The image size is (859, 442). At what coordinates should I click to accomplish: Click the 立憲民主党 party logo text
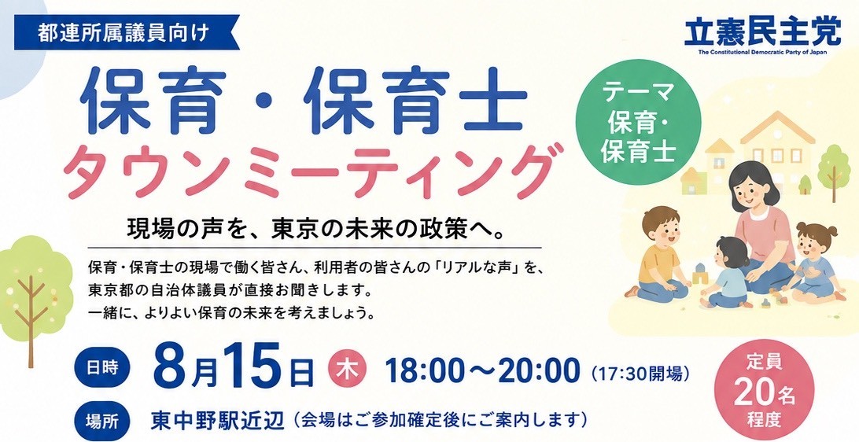coord(762,32)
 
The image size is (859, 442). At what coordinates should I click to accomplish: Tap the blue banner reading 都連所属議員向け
coord(126,34)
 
